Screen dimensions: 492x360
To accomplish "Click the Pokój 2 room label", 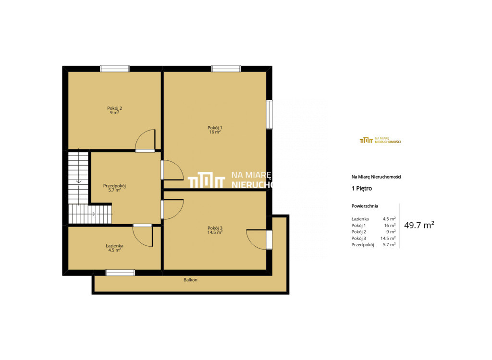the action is pyautogui.click(x=114, y=108).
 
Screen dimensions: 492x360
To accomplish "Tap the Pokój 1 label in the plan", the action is pyautogui.click(x=215, y=128).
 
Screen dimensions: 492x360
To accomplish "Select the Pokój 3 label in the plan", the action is pyautogui.click(x=215, y=228).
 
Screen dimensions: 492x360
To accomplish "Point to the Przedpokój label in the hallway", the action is pyautogui.click(x=114, y=186).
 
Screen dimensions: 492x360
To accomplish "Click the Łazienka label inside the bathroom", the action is pyautogui.click(x=114, y=246).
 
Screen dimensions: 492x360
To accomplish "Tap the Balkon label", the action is pyautogui.click(x=190, y=280).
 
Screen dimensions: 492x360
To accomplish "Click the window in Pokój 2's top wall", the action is pyautogui.click(x=115, y=69).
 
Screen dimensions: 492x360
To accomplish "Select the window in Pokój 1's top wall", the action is pyautogui.click(x=226, y=69).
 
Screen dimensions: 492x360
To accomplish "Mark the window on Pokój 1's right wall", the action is pyautogui.click(x=269, y=114).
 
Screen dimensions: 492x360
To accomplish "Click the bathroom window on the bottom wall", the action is pyautogui.click(x=120, y=273).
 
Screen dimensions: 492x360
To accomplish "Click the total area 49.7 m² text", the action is pyautogui.click(x=419, y=225).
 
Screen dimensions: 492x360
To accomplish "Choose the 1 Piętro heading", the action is pyautogui.click(x=362, y=189).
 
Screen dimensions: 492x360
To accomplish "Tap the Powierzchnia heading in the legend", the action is pyautogui.click(x=365, y=206).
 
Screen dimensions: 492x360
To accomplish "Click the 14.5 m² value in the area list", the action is pyautogui.click(x=388, y=239).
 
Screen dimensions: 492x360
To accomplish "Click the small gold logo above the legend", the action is pyautogui.click(x=381, y=140).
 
